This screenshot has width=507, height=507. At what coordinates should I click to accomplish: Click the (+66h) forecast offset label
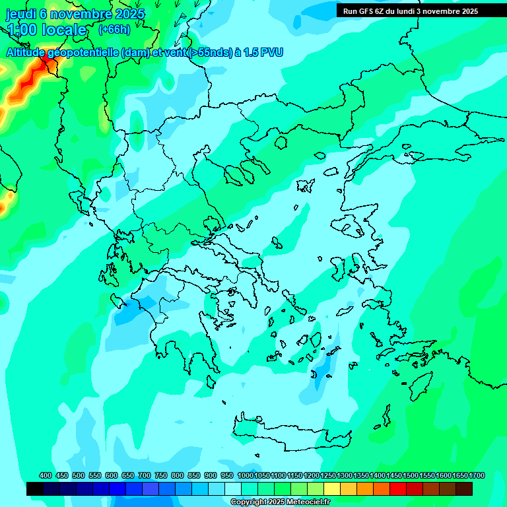pos(114,30)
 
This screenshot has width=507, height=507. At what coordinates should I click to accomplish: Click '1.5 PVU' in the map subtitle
pos(263,53)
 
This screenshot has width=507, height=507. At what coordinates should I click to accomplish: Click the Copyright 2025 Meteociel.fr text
pos(280,502)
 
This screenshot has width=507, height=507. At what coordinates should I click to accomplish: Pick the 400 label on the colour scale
pos(45,475)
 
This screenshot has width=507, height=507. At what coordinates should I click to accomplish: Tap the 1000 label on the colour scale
pos(246,475)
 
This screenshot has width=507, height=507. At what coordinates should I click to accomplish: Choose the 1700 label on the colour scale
pos(477,475)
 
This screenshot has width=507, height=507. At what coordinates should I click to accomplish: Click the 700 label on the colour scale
pos(144,475)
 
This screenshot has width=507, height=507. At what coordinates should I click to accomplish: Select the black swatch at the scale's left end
pos(35,489)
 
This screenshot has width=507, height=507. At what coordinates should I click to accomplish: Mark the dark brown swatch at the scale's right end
pos(464,489)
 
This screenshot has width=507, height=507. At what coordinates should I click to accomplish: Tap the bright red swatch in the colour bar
pos(398,489)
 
